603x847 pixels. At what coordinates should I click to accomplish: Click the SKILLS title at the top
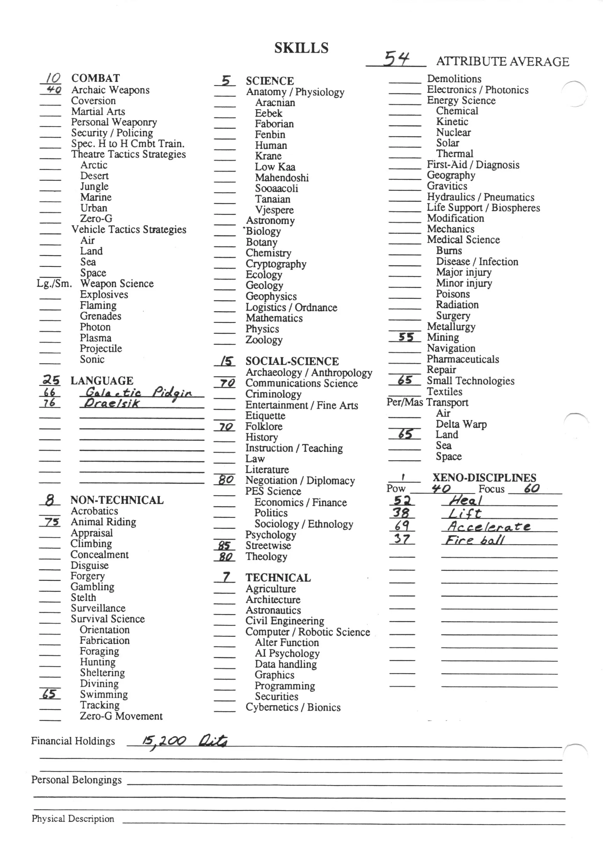click(301, 48)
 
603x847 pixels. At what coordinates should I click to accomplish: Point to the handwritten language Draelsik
click(112, 403)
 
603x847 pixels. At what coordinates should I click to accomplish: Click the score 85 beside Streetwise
click(224, 545)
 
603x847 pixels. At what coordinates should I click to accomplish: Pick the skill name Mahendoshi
click(282, 178)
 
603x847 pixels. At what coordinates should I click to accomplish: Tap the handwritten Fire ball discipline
click(475, 540)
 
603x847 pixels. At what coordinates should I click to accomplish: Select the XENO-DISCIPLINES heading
click(484, 478)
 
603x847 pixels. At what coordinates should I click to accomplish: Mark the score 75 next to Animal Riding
click(51, 522)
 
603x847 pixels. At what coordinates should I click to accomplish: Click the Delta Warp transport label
click(461, 424)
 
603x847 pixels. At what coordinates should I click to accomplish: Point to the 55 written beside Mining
click(406, 337)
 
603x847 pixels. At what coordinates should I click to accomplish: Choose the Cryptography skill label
click(276, 264)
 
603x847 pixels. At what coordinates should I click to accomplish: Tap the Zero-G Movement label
click(121, 716)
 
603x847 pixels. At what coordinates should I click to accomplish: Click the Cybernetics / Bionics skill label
click(293, 707)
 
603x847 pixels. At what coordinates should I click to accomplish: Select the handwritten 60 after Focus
click(531, 488)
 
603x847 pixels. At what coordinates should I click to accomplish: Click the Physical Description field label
click(73, 819)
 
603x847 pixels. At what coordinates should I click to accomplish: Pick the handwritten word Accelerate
click(489, 526)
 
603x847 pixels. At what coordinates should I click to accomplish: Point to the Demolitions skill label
click(454, 79)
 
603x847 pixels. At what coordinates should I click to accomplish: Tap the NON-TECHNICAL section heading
click(117, 500)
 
